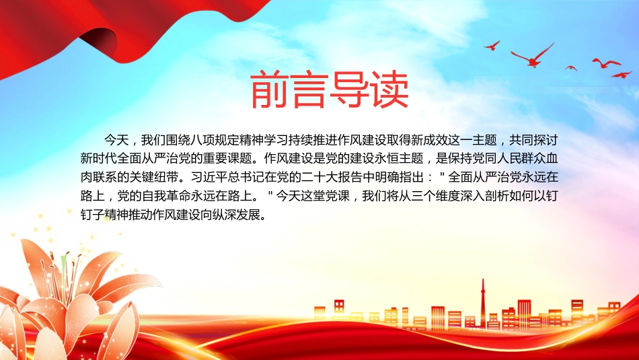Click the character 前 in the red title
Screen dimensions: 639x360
[x=269, y=89]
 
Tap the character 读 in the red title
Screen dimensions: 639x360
[x=389, y=89]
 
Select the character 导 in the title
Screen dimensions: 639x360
[x=350, y=89]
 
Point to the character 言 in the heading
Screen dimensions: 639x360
[x=309, y=89]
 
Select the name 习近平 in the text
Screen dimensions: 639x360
[x=209, y=178]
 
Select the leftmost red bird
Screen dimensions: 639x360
[x=492, y=46]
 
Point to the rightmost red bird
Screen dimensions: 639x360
[x=622, y=75]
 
